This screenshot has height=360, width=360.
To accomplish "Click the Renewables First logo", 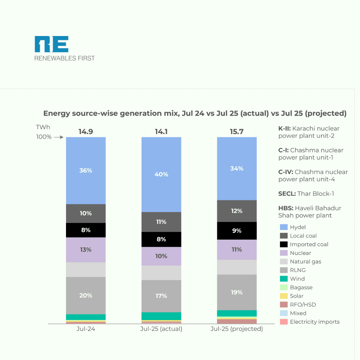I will coord(65,49).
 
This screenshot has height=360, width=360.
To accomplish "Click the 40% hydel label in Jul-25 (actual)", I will coord(161,174).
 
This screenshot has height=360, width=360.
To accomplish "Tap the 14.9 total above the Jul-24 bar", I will coord(86,132).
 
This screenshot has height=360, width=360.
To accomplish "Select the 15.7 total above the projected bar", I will coord(237,132).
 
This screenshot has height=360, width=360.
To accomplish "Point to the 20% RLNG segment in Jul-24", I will coord(86,295).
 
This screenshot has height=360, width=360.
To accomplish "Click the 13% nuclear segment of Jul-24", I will coord(86,250).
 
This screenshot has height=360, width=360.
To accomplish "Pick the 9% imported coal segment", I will coord(237,230).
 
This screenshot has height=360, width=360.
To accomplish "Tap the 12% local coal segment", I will coord(237,211).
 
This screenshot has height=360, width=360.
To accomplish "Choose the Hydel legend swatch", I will coord(283,227).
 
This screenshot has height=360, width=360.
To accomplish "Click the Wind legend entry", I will coord(297,279).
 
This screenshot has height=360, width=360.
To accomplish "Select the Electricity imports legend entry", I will coord(314,322).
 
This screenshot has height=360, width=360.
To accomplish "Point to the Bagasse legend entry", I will coord(301,287).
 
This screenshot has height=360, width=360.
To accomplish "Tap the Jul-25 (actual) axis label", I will coord(161,329).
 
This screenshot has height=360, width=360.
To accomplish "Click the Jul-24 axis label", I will coord(86,329).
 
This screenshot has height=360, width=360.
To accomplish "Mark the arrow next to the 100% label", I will coord(59,137).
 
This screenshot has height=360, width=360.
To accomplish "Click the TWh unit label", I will coord(42,127).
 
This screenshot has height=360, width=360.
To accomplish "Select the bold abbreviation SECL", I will coord(287,194).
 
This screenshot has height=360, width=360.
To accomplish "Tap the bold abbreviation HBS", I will coord(285,208).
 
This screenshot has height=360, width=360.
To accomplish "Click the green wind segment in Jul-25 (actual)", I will coord(161,316).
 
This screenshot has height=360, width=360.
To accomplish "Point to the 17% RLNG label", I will coord(161,296).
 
